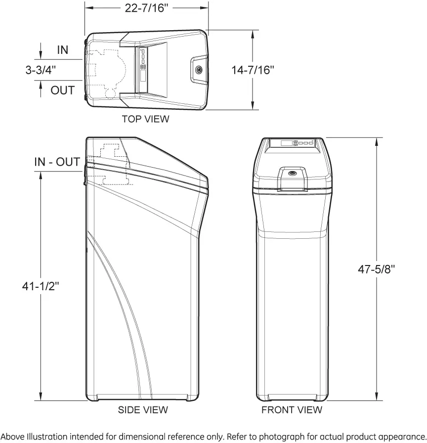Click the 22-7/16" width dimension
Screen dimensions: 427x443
pos(146,8)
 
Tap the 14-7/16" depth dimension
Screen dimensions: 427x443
pos(253,70)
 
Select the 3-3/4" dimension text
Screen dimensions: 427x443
pos(41,70)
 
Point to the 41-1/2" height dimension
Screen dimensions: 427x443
pos(41,286)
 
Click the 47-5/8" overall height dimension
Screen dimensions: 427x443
pos(377,269)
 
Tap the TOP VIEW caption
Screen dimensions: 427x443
pos(145,119)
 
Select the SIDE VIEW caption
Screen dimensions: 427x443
pos(143,410)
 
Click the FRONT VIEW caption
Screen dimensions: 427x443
pos(292,410)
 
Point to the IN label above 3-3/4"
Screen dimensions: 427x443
pos(63,50)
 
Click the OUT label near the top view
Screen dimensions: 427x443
pos(62,90)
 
